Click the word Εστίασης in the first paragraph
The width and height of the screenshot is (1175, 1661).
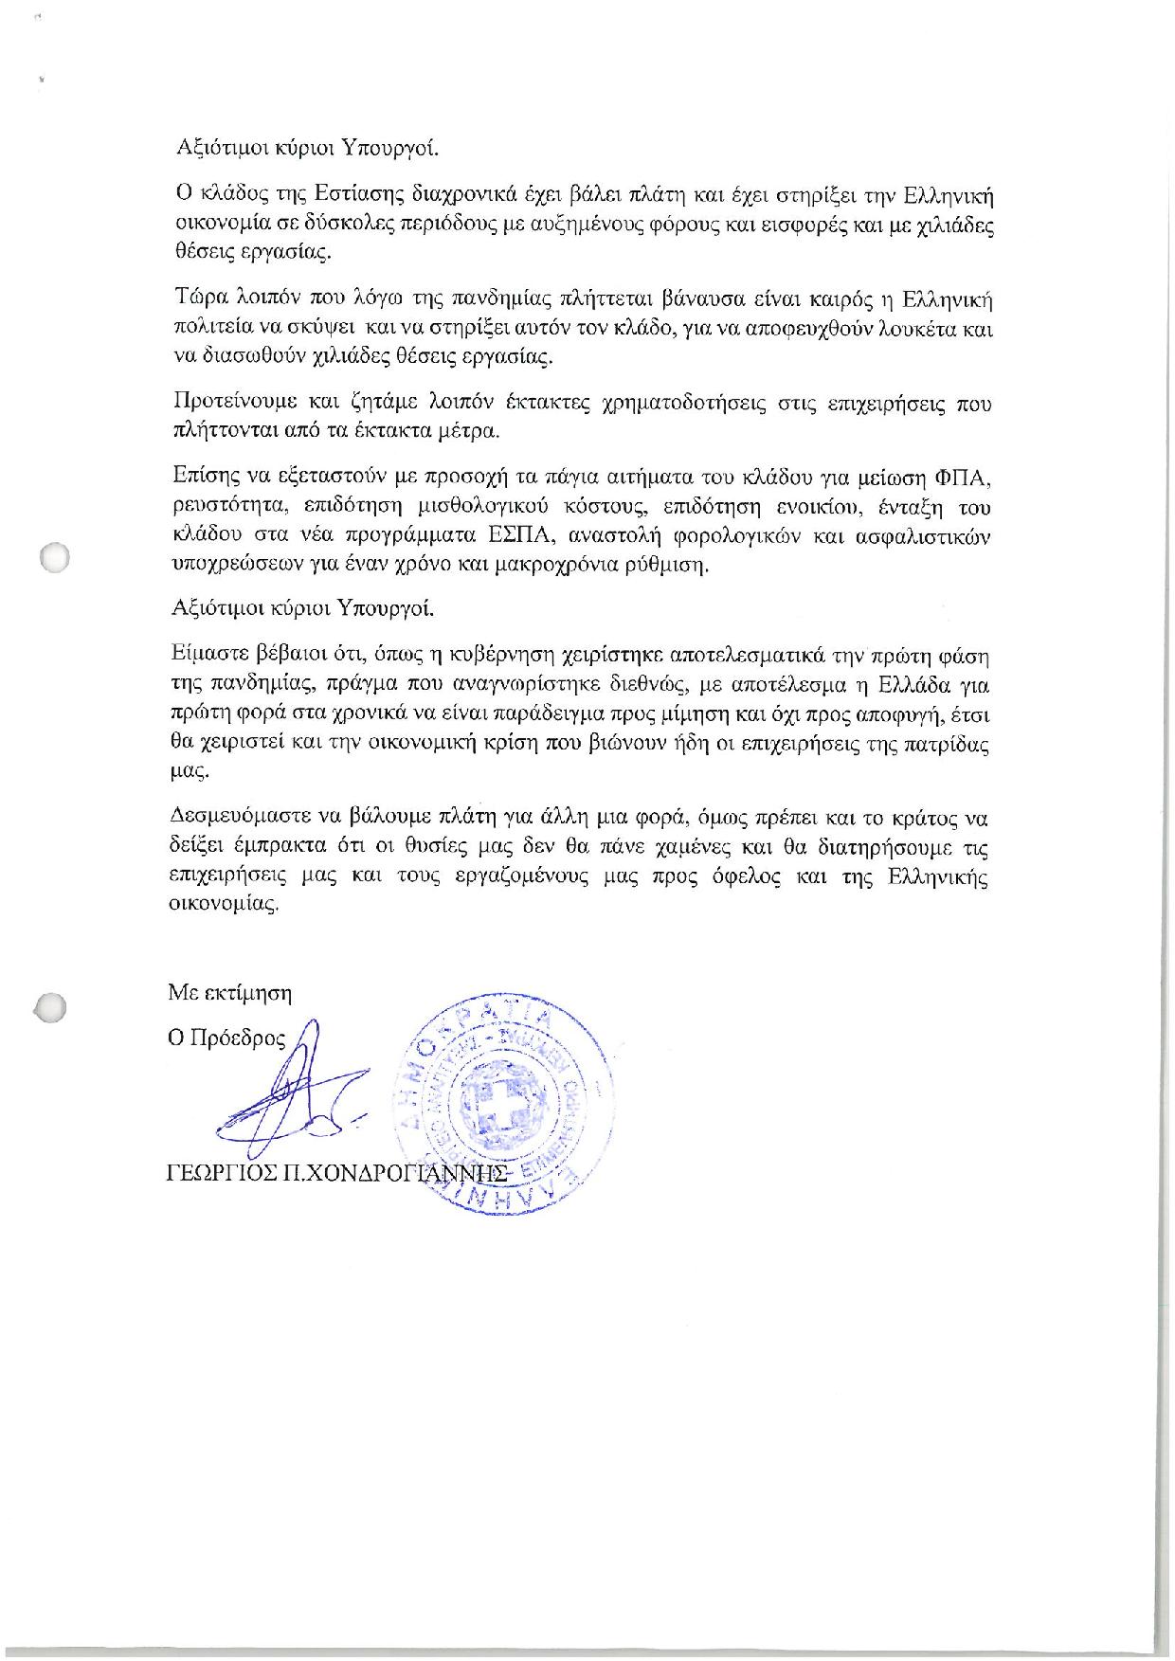point(363,196)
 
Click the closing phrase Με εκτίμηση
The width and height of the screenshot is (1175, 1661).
point(230,993)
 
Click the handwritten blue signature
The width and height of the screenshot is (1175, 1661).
point(284,1099)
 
